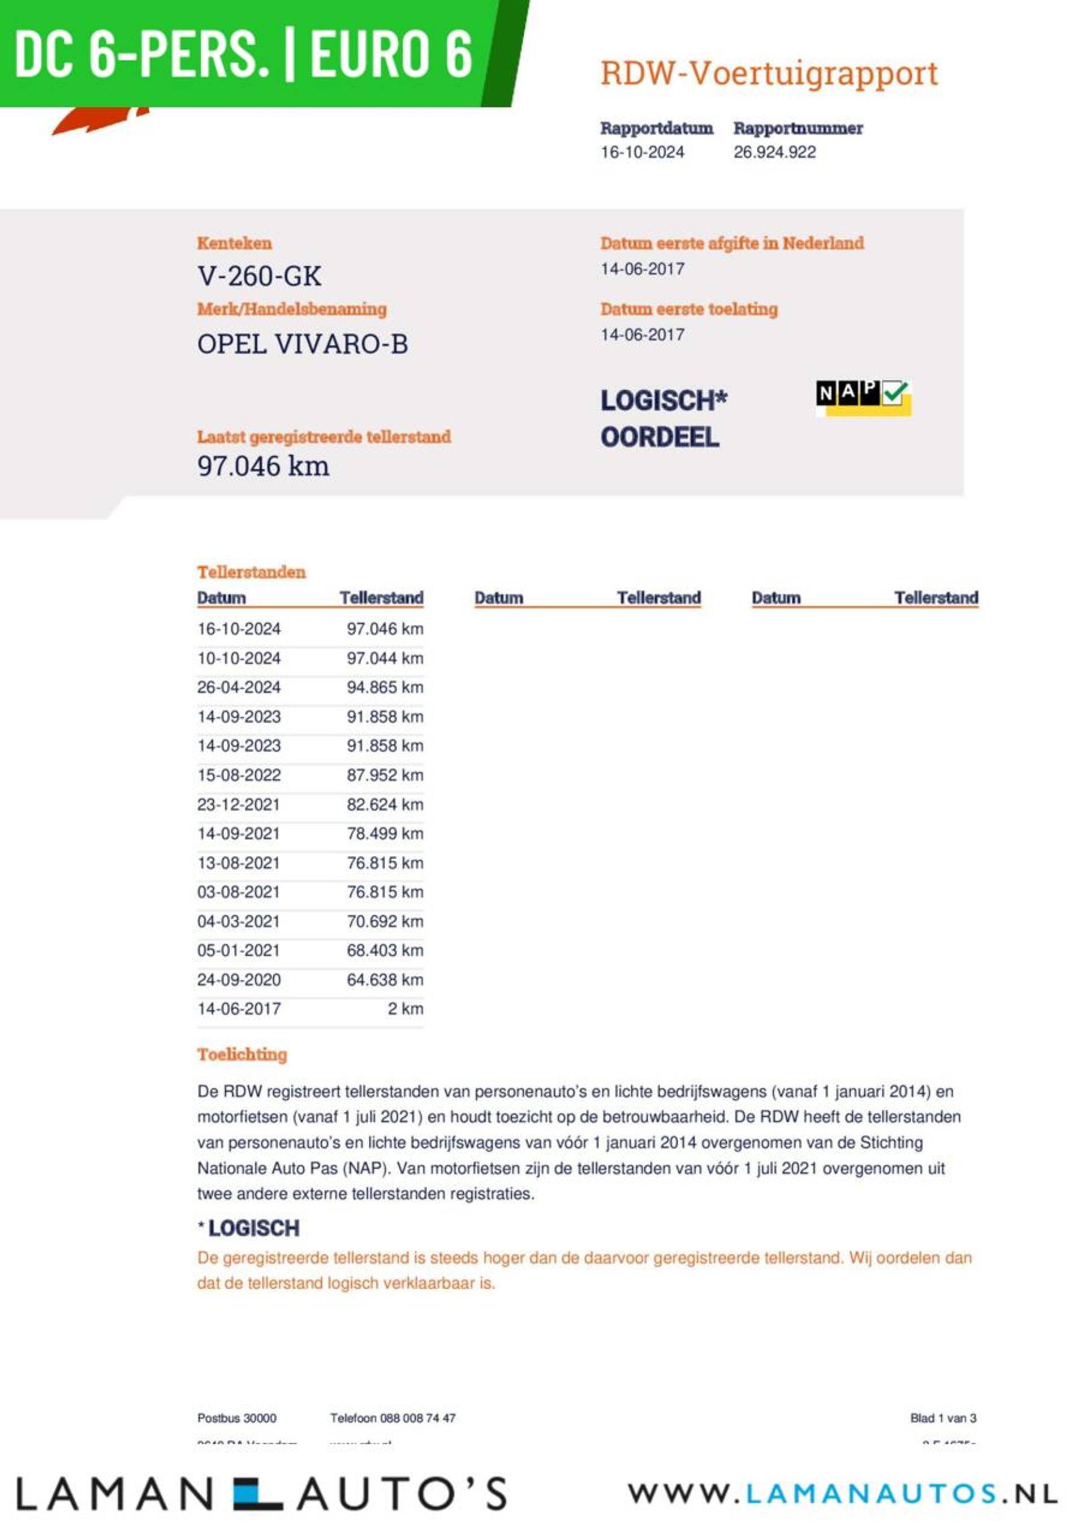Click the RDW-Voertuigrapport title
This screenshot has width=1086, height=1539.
(x=769, y=73)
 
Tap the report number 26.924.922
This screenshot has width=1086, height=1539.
(x=774, y=152)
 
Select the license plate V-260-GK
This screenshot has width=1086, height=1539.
(x=259, y=276)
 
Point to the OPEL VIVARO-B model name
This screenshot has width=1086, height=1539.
(x=302, y=344)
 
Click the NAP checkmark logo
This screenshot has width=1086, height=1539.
(x=863, y=397)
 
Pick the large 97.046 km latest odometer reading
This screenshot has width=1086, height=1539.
(x=263, y=466)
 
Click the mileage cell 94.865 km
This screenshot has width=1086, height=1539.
(x=385, y=687)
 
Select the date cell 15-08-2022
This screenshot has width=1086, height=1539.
(x=239, y=775)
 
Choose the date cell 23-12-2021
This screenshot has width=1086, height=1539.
(x=239, y=804)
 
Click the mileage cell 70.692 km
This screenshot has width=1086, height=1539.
(x=385, y=921)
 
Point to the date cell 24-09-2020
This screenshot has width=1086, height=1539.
(x=239, y=979)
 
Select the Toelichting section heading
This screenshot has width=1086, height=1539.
(x=242, y=1054)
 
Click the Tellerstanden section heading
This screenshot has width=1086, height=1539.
(x=251, y=572)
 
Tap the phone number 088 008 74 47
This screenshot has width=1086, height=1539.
(x=417, y=1418)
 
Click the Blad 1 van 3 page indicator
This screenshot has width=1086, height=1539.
(x=943, y=1418)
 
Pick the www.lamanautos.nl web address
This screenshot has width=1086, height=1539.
(x=842, y=1493)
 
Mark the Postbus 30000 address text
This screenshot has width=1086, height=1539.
(x=236, y=1418)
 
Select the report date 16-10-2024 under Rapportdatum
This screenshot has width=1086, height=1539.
(x=642, y=152)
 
